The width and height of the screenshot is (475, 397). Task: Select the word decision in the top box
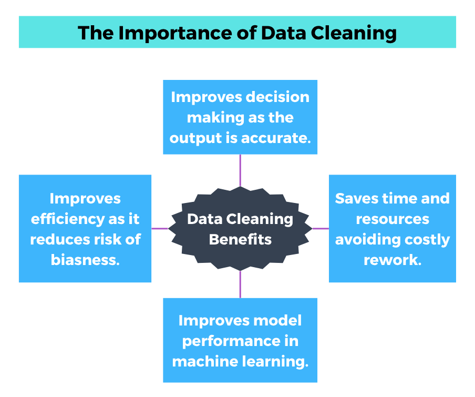278,97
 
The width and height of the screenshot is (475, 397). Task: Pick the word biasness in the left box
85,260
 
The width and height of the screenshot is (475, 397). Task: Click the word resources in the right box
393,219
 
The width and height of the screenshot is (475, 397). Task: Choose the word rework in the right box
393,260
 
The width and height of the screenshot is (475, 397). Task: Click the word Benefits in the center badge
240,239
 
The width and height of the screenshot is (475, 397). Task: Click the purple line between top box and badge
240,170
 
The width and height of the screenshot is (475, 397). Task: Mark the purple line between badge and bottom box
240,284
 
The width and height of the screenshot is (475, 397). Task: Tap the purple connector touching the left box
160,228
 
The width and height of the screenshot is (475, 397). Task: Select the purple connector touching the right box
320,228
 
